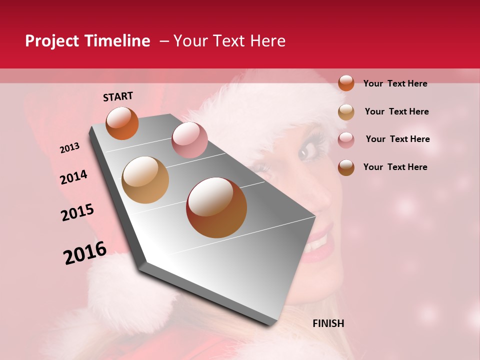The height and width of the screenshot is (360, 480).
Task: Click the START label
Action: (118, 96)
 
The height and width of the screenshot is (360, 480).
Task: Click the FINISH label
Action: (328, 323)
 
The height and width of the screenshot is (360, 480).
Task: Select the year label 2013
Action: (69, 147)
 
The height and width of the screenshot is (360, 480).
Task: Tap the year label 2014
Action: (73, 177)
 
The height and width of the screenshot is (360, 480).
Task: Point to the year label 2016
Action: (85, 253)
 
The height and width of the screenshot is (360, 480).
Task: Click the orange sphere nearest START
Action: (122, 123)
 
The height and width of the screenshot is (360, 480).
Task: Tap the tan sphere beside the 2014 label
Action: (145, 180)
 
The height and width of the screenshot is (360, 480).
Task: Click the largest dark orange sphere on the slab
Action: (216, 207)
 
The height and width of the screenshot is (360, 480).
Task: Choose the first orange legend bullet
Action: (346, 83)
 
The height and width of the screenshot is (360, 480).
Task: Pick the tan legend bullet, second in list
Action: (346, 112)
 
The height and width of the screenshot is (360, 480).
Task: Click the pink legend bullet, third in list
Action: (346, 140)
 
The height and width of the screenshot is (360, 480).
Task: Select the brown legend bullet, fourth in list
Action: (346, 167)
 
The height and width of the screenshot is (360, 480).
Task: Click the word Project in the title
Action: (52, 41)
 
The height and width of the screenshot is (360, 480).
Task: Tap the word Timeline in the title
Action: (117, 41)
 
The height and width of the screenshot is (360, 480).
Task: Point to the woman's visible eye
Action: (308, 150)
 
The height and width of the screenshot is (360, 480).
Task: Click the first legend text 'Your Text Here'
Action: (395, 83)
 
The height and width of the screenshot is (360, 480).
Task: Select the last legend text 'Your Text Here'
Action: (395, 167)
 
